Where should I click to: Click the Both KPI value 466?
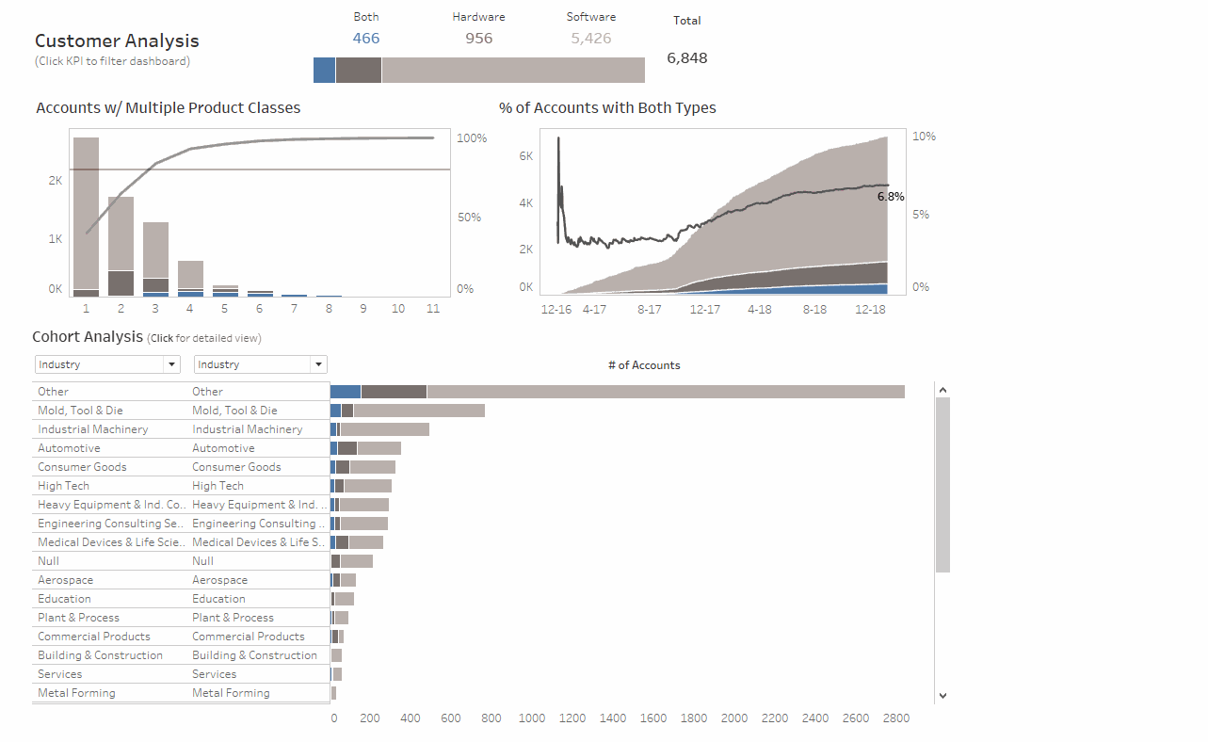point(366,39)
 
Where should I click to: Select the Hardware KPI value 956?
point(478,39)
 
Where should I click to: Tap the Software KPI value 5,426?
point(590,39)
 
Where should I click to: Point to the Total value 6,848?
point(686,58)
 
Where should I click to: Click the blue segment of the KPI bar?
point(324,71)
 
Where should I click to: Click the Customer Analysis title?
point(117,41)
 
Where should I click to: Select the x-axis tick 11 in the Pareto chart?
point(433,309)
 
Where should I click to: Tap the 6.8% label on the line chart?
point(890,197)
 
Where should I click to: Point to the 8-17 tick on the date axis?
point(649,309)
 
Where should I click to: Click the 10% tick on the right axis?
point(924,137)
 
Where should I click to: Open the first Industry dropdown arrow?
point(171,364)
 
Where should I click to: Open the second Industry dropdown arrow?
point(319,364)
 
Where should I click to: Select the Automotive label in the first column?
point(69,448)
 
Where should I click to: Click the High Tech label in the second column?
point(217,486)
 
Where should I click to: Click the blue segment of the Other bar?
point(346,392)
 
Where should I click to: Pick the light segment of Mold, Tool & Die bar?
point(418,411)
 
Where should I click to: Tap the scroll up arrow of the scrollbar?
point(942,390)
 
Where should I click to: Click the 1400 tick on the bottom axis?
point(612,718)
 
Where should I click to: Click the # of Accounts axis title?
point(644,365)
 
